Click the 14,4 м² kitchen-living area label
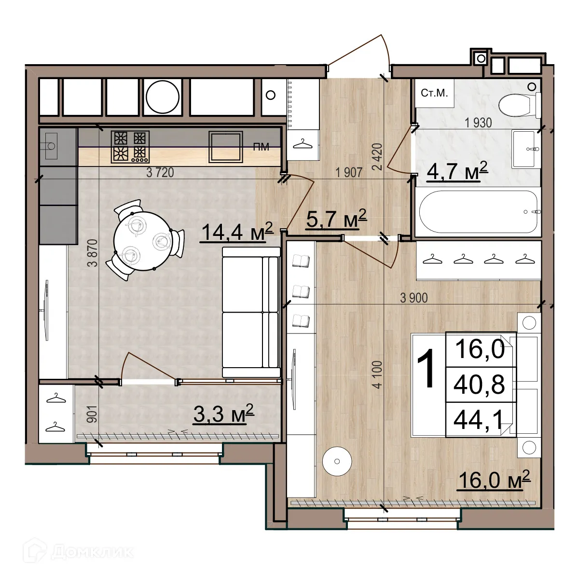236,232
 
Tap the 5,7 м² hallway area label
336,220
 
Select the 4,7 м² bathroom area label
457,171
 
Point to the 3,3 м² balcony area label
223,414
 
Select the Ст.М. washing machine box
434,94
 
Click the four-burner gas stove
130,146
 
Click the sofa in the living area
251,312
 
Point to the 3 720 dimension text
160,173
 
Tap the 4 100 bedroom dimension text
377,374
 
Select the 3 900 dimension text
414,298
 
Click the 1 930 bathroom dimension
478,123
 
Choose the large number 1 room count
427,369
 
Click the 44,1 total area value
479,420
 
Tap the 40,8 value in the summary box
479,385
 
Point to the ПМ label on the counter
261,147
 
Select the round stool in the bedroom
337,461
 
